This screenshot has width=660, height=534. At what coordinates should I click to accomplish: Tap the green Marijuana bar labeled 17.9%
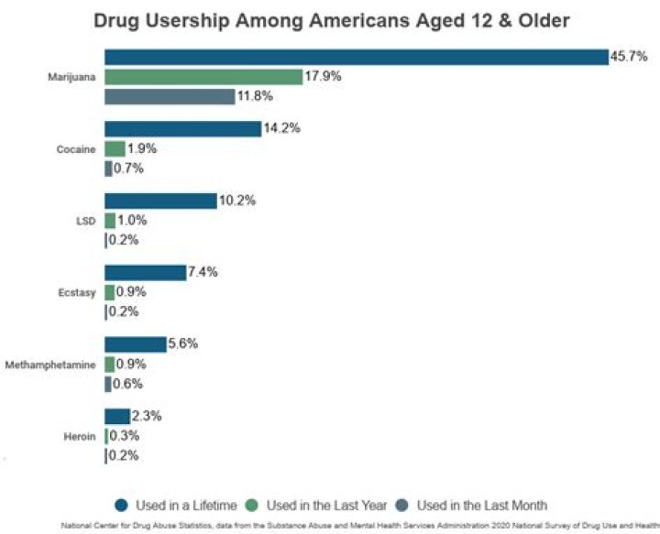pyautogui.click(x=203, y=77)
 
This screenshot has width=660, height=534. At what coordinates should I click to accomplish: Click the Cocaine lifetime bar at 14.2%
pyautogui.click(x=182, y=129)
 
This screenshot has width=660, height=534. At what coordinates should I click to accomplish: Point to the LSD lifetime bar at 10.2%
pyautogui.click(x=159, y=201)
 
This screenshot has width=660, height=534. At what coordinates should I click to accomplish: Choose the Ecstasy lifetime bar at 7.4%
pyautogui.click(x=145, y=272)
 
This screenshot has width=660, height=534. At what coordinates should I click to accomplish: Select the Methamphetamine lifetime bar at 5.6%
pyautogui.click(x=135, y=344)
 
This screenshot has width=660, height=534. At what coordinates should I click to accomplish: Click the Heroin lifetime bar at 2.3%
pyautogui.click(x=116, y=416)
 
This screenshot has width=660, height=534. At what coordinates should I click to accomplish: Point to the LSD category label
pyautogui.click(x=86, y=221)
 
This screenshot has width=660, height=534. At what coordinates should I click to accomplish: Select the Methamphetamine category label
pyautogui.click(x=50, y=365)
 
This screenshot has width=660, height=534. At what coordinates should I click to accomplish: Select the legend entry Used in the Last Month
pyautogui.click(x=472, y=505)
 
